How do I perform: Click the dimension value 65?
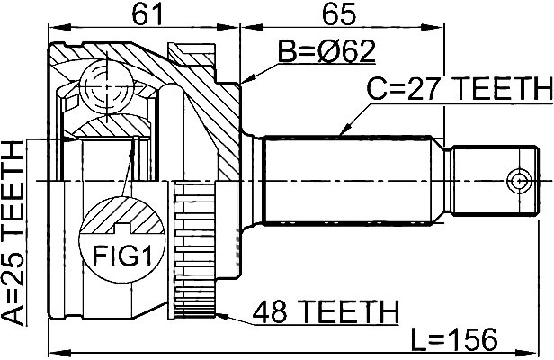coord(338,14)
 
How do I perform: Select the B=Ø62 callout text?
coord(326,51)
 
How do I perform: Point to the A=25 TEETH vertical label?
coord(13,232)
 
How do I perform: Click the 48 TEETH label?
coord(326,311)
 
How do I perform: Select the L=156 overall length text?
coord(454,339)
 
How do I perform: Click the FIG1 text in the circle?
coord(122,256)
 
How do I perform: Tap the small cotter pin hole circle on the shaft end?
coord(519,181)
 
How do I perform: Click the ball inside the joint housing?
coord(106,86)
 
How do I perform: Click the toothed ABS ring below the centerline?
coord(194,248)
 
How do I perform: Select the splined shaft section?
coord(348,180)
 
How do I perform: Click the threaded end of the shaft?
coord(496,181)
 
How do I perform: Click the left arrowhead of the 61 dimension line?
coord(59,27)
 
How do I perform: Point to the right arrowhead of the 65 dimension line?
coord(432,27)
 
